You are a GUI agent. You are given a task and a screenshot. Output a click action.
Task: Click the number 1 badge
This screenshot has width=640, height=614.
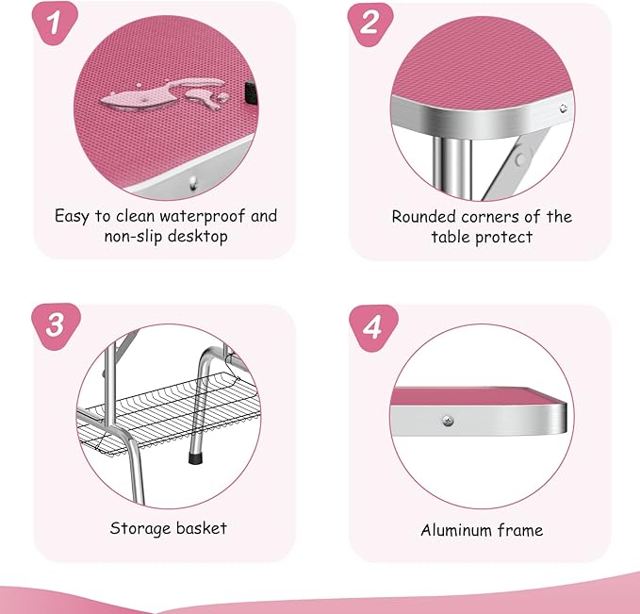point(55,23)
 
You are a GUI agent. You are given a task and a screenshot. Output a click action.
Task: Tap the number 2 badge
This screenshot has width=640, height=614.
point(370,24)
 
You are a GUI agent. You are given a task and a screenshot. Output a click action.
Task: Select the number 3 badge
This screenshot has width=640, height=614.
point(56,326)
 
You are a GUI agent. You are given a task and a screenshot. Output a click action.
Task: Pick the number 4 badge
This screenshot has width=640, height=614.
point(373,327)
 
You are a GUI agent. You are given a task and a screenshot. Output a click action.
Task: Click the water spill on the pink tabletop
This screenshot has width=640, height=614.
point(165,94)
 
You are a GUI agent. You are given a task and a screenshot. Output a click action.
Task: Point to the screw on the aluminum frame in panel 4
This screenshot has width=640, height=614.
point(448,421)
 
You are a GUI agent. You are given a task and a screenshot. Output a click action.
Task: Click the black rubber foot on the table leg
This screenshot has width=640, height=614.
point(195,457)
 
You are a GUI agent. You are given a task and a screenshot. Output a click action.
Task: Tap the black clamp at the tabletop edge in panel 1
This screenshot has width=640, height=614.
point(251,93)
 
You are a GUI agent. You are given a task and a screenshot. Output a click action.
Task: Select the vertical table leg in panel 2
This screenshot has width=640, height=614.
point(452,168)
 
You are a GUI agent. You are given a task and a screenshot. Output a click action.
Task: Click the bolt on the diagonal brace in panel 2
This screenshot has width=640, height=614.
point(520,158)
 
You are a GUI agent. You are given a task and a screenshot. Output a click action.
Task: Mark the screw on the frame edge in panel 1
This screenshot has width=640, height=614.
point(193,183)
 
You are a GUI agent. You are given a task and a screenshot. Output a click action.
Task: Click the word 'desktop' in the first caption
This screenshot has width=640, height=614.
point(198,237)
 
